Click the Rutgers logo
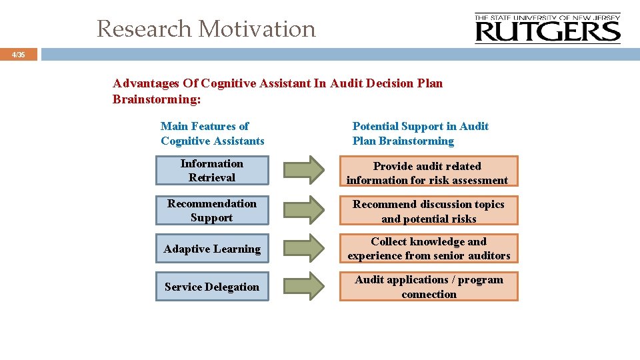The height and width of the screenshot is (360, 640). (547, 29)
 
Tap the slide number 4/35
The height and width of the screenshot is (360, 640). (19, 55)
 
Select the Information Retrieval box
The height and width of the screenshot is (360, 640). (212, 171)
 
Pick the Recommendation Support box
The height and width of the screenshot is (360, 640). (212, 211)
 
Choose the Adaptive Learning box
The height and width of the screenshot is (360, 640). (212, 249)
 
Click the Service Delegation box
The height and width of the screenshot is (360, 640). (212, 287)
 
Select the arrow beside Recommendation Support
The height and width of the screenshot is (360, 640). (304, 210)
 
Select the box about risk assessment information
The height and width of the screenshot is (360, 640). (428, 173)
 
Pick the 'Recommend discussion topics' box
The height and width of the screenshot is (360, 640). (428, 211)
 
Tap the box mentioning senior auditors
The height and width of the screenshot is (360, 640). (428, 249)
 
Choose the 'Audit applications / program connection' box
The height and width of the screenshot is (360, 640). (428, 287)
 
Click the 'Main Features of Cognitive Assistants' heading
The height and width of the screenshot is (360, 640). (212, 133)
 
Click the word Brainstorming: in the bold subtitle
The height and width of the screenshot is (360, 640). (157, 99)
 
